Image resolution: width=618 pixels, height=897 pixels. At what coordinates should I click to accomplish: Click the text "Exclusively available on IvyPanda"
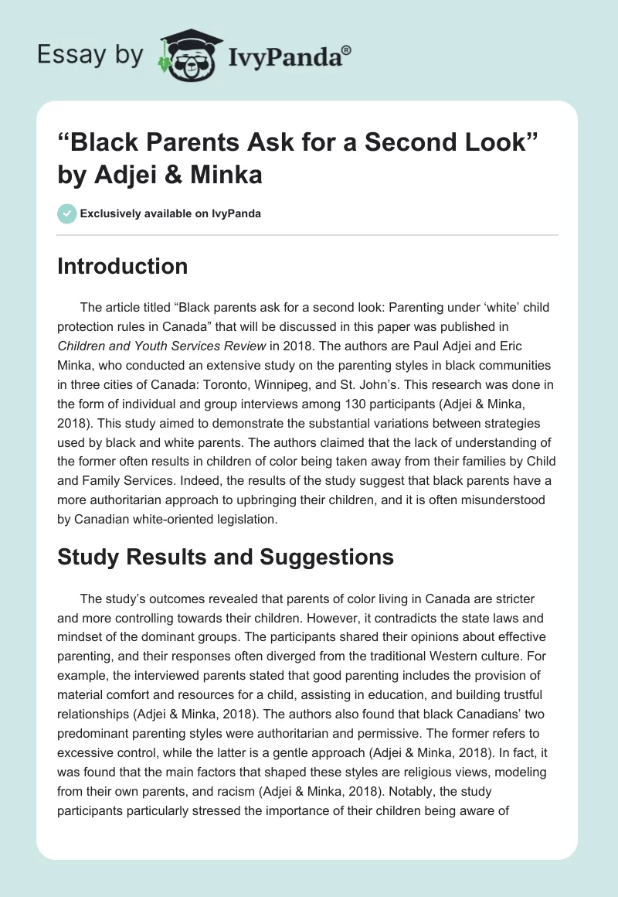pyautogui.click(x=170, y=213)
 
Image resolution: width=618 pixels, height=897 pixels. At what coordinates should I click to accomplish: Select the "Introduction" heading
pyautogui.click(x=122, y=266)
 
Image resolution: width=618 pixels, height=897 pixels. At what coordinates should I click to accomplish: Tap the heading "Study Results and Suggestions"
pyautogui.click(x=226, y=556)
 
